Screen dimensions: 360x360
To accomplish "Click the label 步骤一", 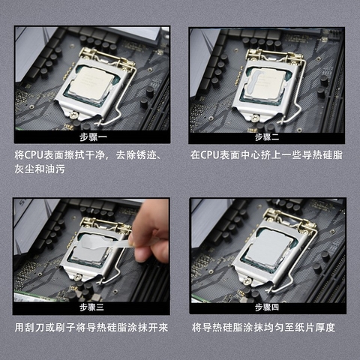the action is tap(93, 137).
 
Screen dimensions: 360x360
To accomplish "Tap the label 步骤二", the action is tap(267, 137).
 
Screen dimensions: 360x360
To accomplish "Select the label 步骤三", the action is tap(91, 307).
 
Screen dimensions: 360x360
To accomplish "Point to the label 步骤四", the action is tap(267, 307).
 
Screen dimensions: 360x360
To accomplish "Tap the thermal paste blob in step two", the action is tap(253, 82).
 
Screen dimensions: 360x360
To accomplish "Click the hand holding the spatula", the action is tap(151, 230).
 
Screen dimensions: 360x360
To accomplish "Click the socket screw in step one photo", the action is tap(74, 115).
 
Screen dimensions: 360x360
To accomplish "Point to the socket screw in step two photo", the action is tap(255, 118).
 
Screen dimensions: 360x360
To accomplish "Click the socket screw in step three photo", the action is tap(77, 277).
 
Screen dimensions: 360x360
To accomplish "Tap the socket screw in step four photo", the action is tap(247, 280).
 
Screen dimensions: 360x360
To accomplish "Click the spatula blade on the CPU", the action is tap(94, 242).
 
